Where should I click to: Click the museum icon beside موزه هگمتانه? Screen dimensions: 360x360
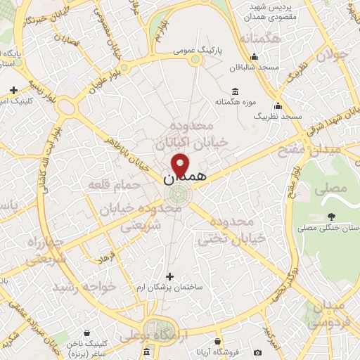234,91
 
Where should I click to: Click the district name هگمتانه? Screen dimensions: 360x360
260,38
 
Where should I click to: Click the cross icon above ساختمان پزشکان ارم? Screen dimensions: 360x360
169,276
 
